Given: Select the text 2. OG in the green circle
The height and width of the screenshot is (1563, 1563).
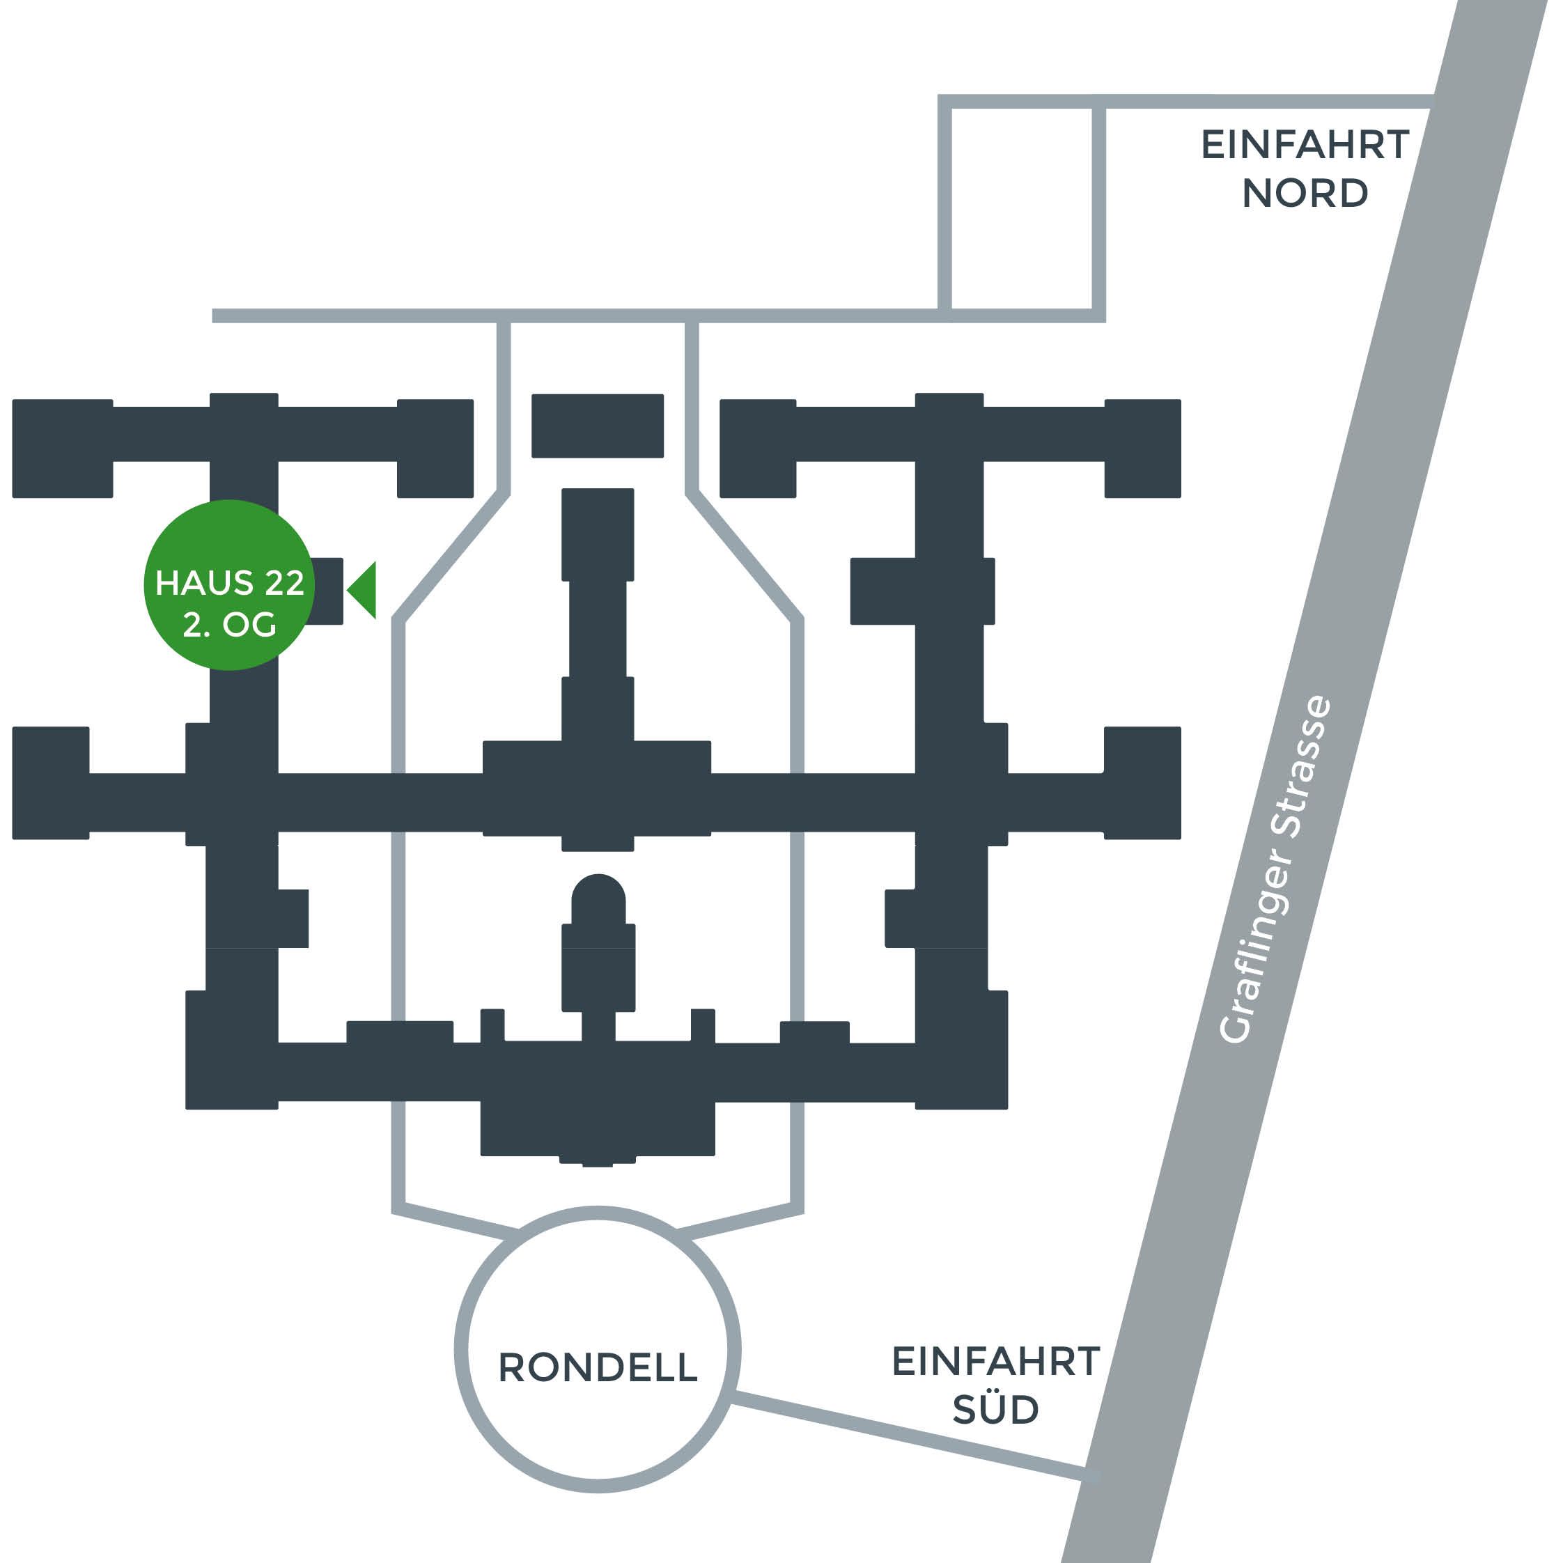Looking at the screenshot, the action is point(230,625).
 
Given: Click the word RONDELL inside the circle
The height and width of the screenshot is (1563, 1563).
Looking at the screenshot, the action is point(598,1368).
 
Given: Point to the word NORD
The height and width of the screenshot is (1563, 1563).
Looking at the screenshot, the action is point(1305,194).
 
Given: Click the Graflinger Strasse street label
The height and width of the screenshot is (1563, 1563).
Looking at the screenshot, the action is point(1275,870).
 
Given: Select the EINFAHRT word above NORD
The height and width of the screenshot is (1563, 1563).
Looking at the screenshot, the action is point(1305,145).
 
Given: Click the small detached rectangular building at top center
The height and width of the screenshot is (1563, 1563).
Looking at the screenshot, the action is point(598,426).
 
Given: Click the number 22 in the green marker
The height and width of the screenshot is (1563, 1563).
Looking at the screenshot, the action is point(283,583).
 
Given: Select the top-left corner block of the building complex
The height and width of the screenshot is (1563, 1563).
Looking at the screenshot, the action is point(62,448).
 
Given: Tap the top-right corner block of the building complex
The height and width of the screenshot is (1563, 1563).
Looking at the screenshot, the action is point(1142,448).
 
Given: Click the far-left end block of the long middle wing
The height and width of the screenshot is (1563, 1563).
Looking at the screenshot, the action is point(51,783).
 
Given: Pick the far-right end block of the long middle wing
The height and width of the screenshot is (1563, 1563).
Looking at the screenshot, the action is point(1142,783).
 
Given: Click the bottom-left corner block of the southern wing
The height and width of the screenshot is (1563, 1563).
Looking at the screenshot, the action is point(232,1050).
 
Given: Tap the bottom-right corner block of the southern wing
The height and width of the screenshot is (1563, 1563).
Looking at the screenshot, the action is point(962,1050).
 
